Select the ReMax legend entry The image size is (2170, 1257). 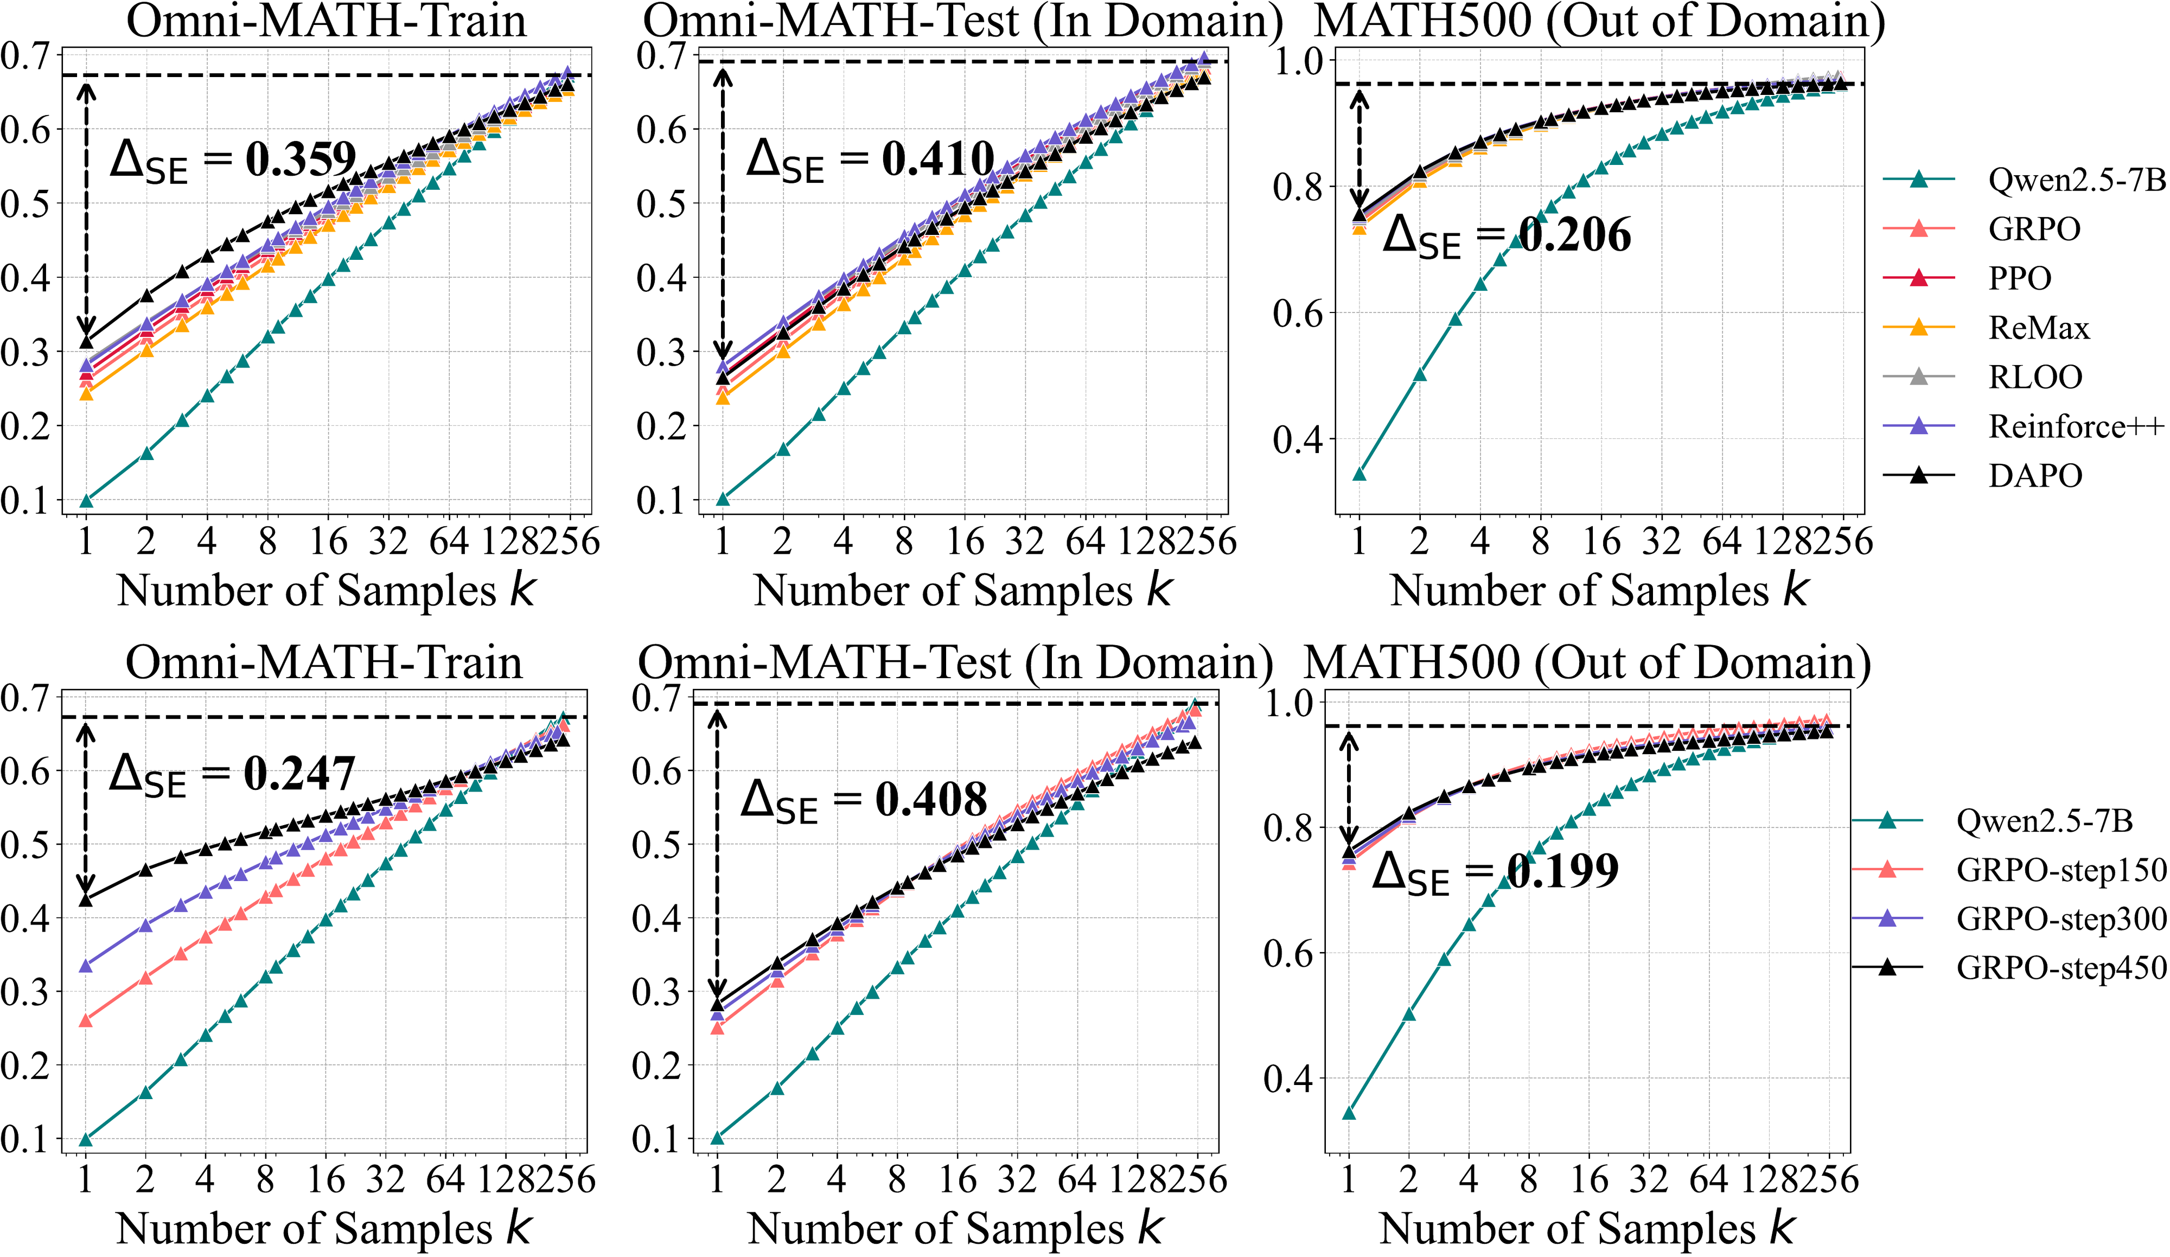[2038, 328]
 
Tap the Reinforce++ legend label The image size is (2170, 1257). [2075, 427]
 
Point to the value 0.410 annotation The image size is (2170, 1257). [938, 159]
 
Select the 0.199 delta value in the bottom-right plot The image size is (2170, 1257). [1563, 871]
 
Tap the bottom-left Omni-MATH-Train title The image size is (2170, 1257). [324, 663]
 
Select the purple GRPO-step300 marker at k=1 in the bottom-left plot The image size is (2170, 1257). [85, 966]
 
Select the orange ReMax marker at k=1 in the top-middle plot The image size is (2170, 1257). [723, 398]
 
